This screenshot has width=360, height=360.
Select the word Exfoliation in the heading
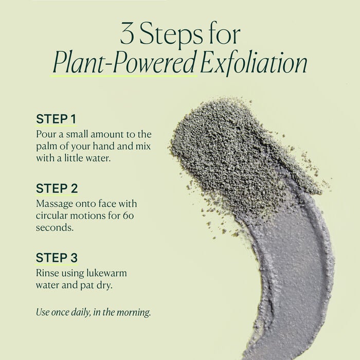click(255, 64)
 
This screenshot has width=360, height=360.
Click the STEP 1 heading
click(56, 119)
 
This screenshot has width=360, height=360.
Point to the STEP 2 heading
click(57, 188)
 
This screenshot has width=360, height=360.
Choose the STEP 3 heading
click(57, 258)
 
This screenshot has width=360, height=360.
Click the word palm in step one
click(46, 146)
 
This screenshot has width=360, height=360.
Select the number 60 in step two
click(129, 215)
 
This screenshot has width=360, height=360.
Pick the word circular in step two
click(52, 215)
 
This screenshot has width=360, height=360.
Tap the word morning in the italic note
click(135, 312)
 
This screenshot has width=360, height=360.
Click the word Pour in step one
click(45, 134)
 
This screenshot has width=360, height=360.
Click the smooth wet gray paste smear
click(293, 267)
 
